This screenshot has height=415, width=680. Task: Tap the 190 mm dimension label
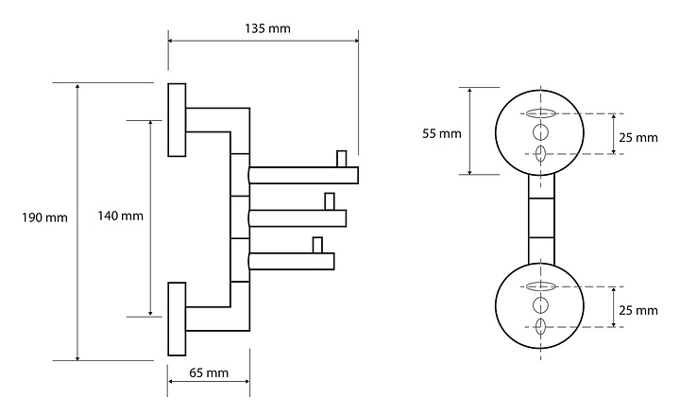click(x=44, y=218)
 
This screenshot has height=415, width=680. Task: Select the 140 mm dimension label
click(x=121, y=216)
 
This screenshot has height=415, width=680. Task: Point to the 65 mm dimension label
click(x=209, y=372)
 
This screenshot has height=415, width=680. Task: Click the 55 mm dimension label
click(x=441, y=133)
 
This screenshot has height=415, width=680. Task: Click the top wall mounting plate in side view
click(x=177, y=119)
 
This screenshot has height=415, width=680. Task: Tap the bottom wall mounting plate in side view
click(x=177, y=318)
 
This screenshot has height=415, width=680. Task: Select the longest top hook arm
click(x=302, y=174)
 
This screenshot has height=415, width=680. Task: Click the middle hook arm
click(x=297, y=218)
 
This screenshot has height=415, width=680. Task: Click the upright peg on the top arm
click(x=342, y=157)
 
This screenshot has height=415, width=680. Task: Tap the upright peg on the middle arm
click(x=329, y=200)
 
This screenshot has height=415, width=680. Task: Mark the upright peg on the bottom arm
click(x=317, y=245)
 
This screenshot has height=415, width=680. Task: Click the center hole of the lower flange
click(x=540, y=304)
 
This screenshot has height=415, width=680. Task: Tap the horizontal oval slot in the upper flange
click(x=540, y=113)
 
